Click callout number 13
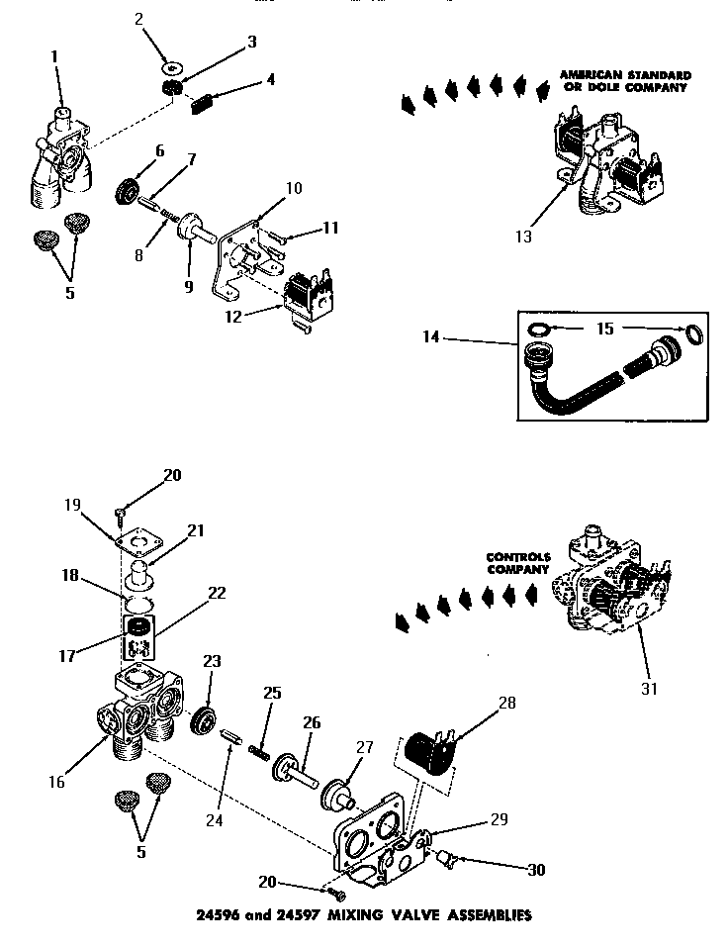click(x=523, y=237)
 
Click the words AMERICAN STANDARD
click(x=624, y=75)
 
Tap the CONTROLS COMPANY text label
click(x=516, y=563)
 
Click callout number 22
click(x=217, y=595)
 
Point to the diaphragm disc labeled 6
click(x=130, y=189)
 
